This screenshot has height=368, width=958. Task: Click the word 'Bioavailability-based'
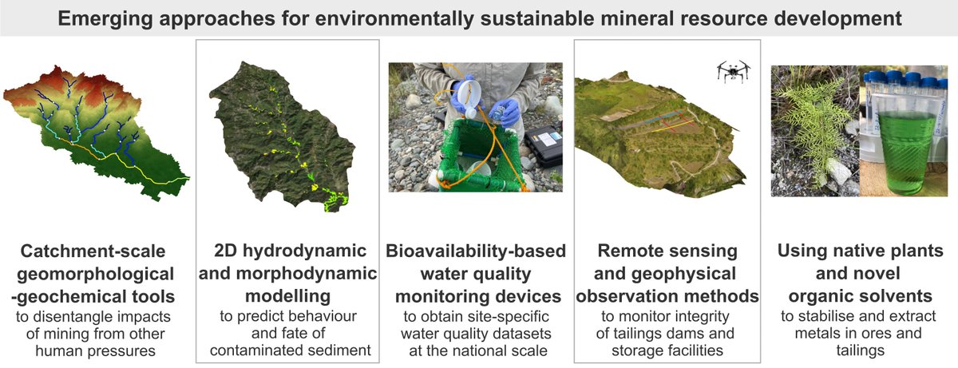coord(477,251)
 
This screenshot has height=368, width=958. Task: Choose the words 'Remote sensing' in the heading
coord(667,251)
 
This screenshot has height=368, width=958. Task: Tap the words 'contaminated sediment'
coord(287,349)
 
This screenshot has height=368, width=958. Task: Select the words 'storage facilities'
coord(667,349)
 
